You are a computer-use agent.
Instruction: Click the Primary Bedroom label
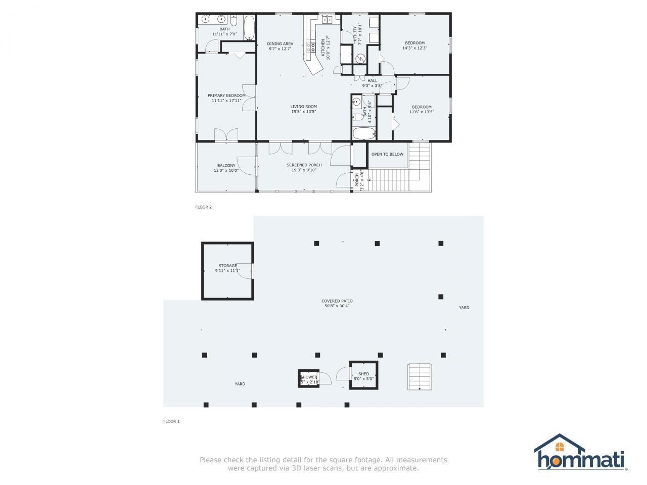click(226, 95)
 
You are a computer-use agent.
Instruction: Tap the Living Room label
click(303, 107)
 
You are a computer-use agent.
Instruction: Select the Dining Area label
click(280, 44)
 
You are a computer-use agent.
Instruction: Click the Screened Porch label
click(304, 165)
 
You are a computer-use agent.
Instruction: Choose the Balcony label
click(226, 166)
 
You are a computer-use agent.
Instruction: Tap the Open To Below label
click(387, 154)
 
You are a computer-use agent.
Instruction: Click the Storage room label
click(227, 266)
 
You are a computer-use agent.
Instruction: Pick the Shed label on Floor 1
click(363, 374)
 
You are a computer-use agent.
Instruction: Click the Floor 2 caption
click(203, 207)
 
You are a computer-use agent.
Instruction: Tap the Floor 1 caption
click(171, 421)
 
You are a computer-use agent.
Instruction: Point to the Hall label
click(372, 81)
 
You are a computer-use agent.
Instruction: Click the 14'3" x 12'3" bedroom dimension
click(414, 48)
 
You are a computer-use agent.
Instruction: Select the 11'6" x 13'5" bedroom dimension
click(422, 112)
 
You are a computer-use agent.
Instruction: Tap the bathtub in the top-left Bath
click(249, 28)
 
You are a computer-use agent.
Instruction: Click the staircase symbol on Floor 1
click(420, 376)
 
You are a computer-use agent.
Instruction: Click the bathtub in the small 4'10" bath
click(364, 133)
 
